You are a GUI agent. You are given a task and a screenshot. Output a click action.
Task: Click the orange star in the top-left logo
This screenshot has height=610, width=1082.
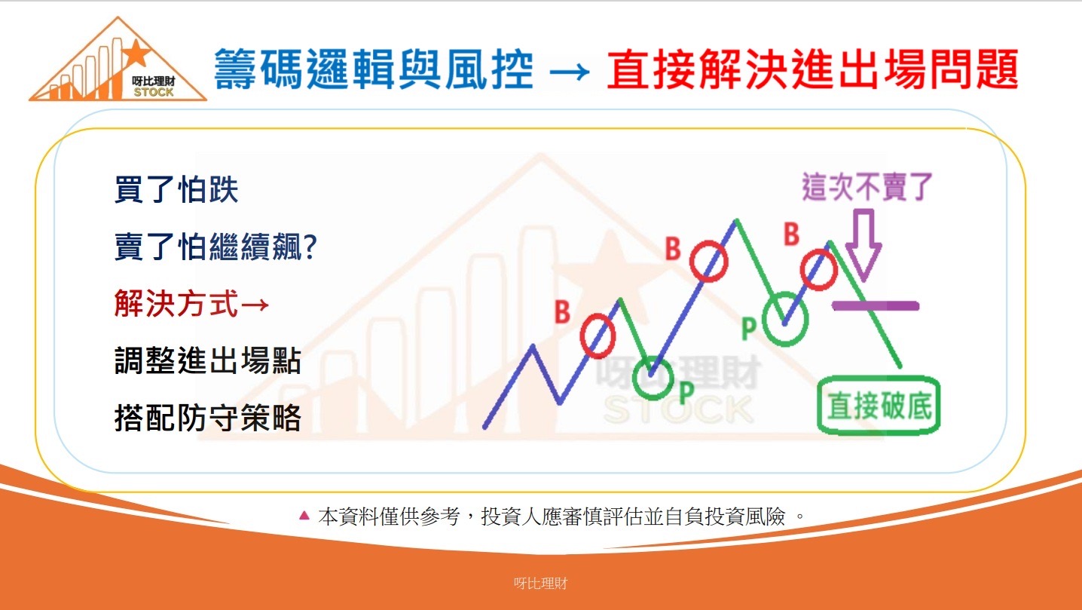point(136,54)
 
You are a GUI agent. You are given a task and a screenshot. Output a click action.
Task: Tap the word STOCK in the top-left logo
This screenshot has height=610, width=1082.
point(154,92)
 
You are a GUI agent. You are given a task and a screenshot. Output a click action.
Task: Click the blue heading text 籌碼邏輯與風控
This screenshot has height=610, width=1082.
point(374,69)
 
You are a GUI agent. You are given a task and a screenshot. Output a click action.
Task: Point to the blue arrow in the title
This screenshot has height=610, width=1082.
point(570,72)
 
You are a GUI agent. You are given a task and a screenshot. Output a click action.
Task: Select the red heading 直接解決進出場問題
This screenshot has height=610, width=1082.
point(813,69)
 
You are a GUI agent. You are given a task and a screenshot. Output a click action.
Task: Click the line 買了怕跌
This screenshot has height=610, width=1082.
point(176,189)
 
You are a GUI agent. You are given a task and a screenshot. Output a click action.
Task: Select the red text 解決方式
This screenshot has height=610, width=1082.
point(176,304)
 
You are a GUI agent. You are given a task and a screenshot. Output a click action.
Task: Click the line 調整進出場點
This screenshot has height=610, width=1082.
point(208,360)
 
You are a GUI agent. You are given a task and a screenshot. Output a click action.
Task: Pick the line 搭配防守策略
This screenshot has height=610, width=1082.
point(208,418)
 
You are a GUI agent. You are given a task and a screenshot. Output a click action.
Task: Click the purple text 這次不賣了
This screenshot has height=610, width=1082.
point(867,186)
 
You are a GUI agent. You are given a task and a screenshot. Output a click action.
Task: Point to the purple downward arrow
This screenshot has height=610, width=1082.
point(863,245)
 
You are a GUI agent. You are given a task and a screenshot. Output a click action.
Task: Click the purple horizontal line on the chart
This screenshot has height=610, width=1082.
point(876,305)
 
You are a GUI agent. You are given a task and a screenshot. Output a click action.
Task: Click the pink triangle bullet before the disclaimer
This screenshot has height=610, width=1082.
point(304,515)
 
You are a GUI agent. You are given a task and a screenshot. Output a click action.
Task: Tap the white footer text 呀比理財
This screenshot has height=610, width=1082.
point(540,584)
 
